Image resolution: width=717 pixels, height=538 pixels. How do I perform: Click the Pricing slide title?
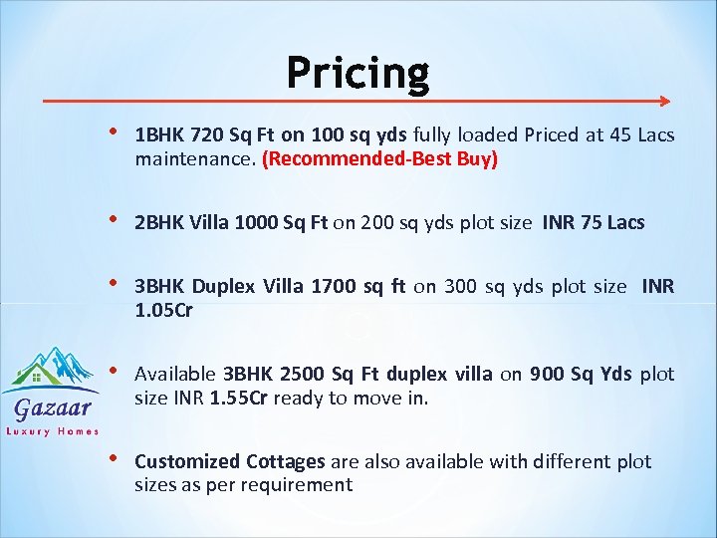[358, 73]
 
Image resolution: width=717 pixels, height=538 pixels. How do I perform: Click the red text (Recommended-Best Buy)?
[379, 158]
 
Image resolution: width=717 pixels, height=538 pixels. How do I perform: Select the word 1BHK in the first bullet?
[156, 135]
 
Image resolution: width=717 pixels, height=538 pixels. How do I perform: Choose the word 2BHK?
[156, 223]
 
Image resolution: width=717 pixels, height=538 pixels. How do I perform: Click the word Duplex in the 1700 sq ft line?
[223, 288]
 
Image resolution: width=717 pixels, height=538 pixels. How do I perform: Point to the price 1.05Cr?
[164, 310]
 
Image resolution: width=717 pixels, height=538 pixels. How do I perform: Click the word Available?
[175, 375]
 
